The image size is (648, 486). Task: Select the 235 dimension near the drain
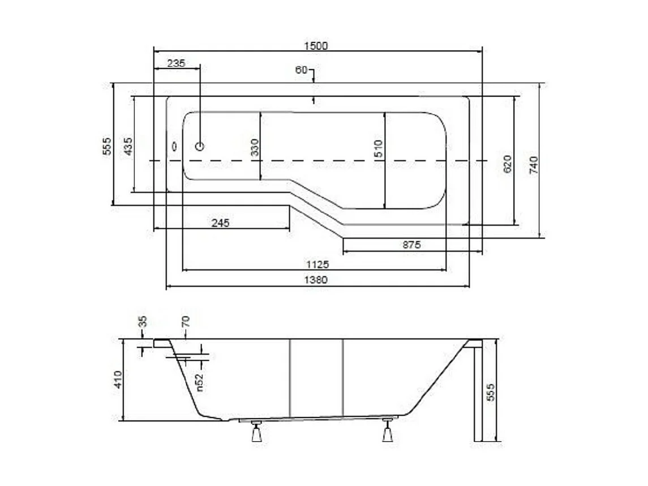point(176,63)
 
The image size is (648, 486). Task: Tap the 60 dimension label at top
point(301,70)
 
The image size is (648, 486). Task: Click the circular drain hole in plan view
point(199,147)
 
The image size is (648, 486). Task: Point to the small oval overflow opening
point(174,146)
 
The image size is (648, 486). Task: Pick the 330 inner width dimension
point(255,148)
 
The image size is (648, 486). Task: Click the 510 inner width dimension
point(379,148)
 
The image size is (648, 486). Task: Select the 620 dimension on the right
point(507,164)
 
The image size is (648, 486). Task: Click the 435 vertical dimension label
point(128,147)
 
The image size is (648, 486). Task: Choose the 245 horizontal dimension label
point(220,223)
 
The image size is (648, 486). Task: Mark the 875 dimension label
point(411,245)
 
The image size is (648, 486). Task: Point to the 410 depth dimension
point(118,380)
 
